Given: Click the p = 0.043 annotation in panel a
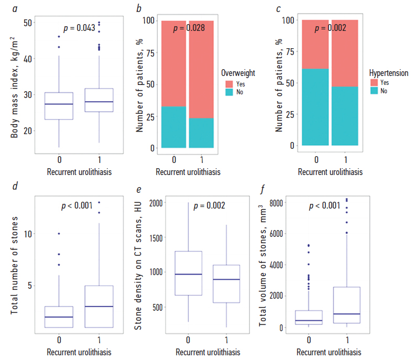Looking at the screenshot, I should [x=79, y=28].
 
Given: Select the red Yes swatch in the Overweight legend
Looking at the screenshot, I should [x=230, y=83].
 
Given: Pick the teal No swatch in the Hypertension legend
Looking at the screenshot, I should [x=374, y=91].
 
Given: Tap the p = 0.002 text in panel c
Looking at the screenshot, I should [x=330, y=28].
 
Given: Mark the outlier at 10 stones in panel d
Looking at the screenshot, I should [x=59, y=234].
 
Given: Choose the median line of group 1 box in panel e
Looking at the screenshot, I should [x=226, y=280].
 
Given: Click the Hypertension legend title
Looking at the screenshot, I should [x=388, y=73].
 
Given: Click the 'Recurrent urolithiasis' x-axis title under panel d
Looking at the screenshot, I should [x=79, y=352].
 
